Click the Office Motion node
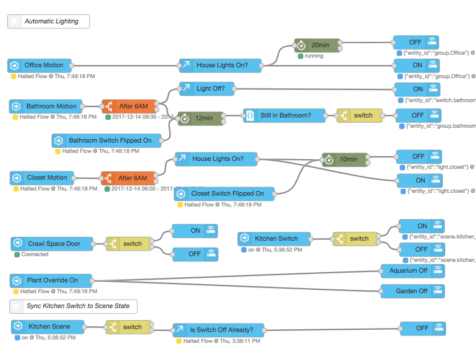click(x=40, y=65)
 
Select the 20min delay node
click(x=317, y=46)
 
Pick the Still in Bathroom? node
click(x=285, y=115)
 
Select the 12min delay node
click(x=201, y=118)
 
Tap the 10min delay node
click(x=344, y=159)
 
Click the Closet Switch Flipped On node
click(x=224, y=194)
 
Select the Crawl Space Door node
click(x=54, y=244)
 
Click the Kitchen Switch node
click(x=275, y=238)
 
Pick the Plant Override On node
click(x=51, y=280)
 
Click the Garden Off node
click(x=412, y=291)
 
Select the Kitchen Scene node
click(x=48, y=326)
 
